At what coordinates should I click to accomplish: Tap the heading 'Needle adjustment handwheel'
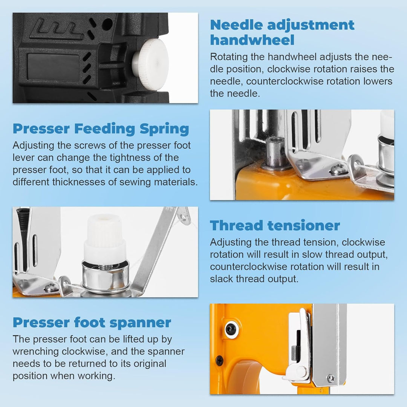(x=282, y=32)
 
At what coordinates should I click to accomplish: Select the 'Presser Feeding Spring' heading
(x=101, y=129)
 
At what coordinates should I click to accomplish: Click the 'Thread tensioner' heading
(x=275, y=225)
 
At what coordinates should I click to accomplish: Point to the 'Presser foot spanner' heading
(x=92, y=323)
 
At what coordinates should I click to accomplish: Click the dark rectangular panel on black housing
(x=53, y=67)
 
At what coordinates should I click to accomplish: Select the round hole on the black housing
(x=107, y=24)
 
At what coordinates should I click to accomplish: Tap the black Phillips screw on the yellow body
(x=220, y=361)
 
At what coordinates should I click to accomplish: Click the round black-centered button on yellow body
(x=231, y=329)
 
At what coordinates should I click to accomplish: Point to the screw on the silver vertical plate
(x=331, y=378)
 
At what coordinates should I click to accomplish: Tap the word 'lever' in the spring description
(x=24, y=158)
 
